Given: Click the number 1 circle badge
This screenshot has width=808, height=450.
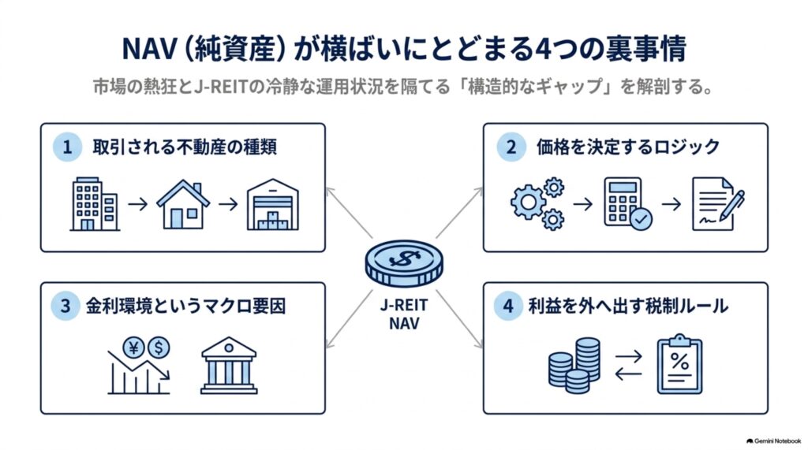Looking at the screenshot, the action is pyautogui.click(x=67, y=147).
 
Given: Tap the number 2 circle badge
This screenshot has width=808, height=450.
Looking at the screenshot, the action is pyautogui.click(x=511, y=147).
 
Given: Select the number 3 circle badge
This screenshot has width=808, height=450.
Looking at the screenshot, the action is pyautogui.click(x=65, y=306).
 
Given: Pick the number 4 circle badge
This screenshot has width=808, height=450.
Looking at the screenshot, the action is pyautogui.click(x=508, y=306).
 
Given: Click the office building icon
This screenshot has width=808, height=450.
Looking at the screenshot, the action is pyautogui.click(x=95, y=204).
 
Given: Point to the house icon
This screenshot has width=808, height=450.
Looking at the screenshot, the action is pyautogui.click(x=183, y=204).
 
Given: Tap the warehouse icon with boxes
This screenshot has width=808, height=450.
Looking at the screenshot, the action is pyautogui.click(x=272, y=204).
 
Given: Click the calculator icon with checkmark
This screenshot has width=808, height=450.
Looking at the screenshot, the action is pyautogui.click(x=627, y=203).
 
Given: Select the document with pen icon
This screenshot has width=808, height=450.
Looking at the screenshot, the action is pyautogui.click(x=718, y=204).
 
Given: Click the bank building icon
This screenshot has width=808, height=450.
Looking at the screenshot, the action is pyautogui.click(x=229, y=366).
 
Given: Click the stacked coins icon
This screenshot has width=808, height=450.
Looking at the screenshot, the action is pyautogui.click(x=574, y=366).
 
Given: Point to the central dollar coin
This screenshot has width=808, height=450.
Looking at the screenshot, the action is pyautogui.click(x=404, y=263).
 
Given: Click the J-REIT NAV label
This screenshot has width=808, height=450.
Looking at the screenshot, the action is pyautogui.click(x=404, y=314).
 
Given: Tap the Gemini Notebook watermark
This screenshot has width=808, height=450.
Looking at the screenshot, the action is pyautogui.click(x=773, y=441).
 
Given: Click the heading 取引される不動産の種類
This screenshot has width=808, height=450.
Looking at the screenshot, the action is pyautogui.click(x=185, y=147).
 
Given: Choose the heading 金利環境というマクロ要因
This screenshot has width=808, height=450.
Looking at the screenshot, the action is pyautogui.click(x=185, y=306).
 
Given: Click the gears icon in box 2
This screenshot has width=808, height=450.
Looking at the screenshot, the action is pyautogui.click(x=537, y=203).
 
